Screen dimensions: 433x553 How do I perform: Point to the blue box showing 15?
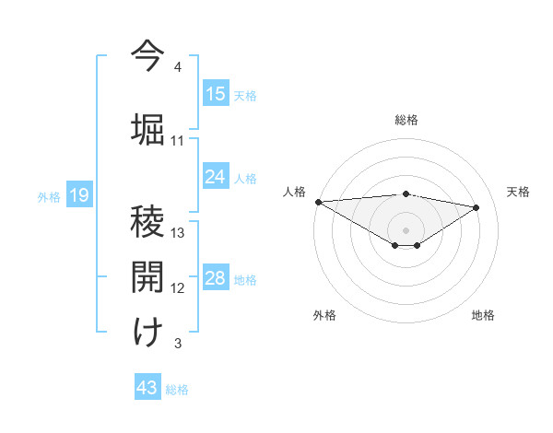[x=216, y=94]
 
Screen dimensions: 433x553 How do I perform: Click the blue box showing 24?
[x=216, y=177]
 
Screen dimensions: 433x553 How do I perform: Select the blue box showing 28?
[x=216, y=279]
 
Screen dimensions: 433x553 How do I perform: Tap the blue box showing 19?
[x=79, y=195]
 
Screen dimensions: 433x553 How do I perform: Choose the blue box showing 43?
[x=147, y=388]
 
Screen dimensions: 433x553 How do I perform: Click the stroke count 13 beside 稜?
[x=178, y=232]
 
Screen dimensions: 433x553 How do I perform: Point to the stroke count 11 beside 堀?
[x=178, y=140]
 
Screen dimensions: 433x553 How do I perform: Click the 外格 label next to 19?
[x=49, y=196]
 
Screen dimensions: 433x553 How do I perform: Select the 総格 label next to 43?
[x=177, y=390]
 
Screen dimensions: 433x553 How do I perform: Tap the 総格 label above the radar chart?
[x=406, y=120]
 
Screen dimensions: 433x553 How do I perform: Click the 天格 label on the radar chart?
[x=518, y=192]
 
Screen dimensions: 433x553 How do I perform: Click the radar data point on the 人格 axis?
[x=318, y=202]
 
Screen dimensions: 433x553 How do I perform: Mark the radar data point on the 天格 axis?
[x=477, y=207]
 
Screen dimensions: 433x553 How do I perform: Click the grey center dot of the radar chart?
[x=406, y=229]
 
